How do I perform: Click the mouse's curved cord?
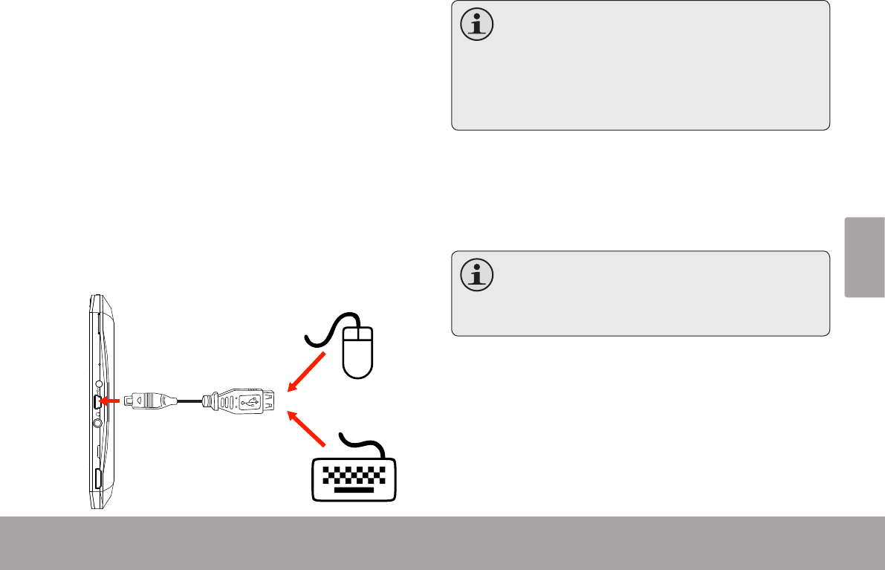click(327, 331)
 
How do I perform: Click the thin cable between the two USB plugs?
click(190, 401)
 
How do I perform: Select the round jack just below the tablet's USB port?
click(98, 423)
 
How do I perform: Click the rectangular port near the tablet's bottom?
click(97, 479)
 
